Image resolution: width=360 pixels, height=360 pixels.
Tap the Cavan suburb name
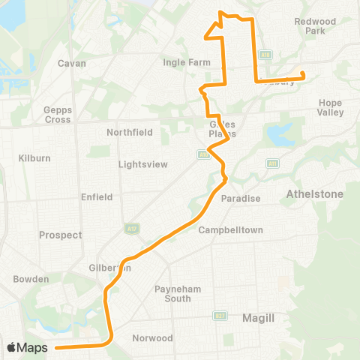pos(72,63)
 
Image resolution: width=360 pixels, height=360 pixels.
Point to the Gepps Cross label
pos(58,115)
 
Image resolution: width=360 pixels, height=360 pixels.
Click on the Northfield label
pos(129,132)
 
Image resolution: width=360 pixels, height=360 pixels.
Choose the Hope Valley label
pos(331,107)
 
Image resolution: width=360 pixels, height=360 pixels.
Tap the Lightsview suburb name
pos(143,164)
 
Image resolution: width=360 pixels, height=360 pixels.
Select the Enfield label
pos(96,197)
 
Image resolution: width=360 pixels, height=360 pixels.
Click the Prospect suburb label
pos(59,235)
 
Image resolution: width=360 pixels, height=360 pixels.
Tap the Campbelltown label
pos(230,229)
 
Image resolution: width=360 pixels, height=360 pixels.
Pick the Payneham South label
pos(172,293)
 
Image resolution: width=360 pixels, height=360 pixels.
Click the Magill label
pos(259,318)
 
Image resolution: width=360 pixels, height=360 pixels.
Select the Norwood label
pos(152,338)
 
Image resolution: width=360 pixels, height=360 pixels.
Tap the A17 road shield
pos(128,226)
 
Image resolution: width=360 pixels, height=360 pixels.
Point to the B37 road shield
pos(218,316)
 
